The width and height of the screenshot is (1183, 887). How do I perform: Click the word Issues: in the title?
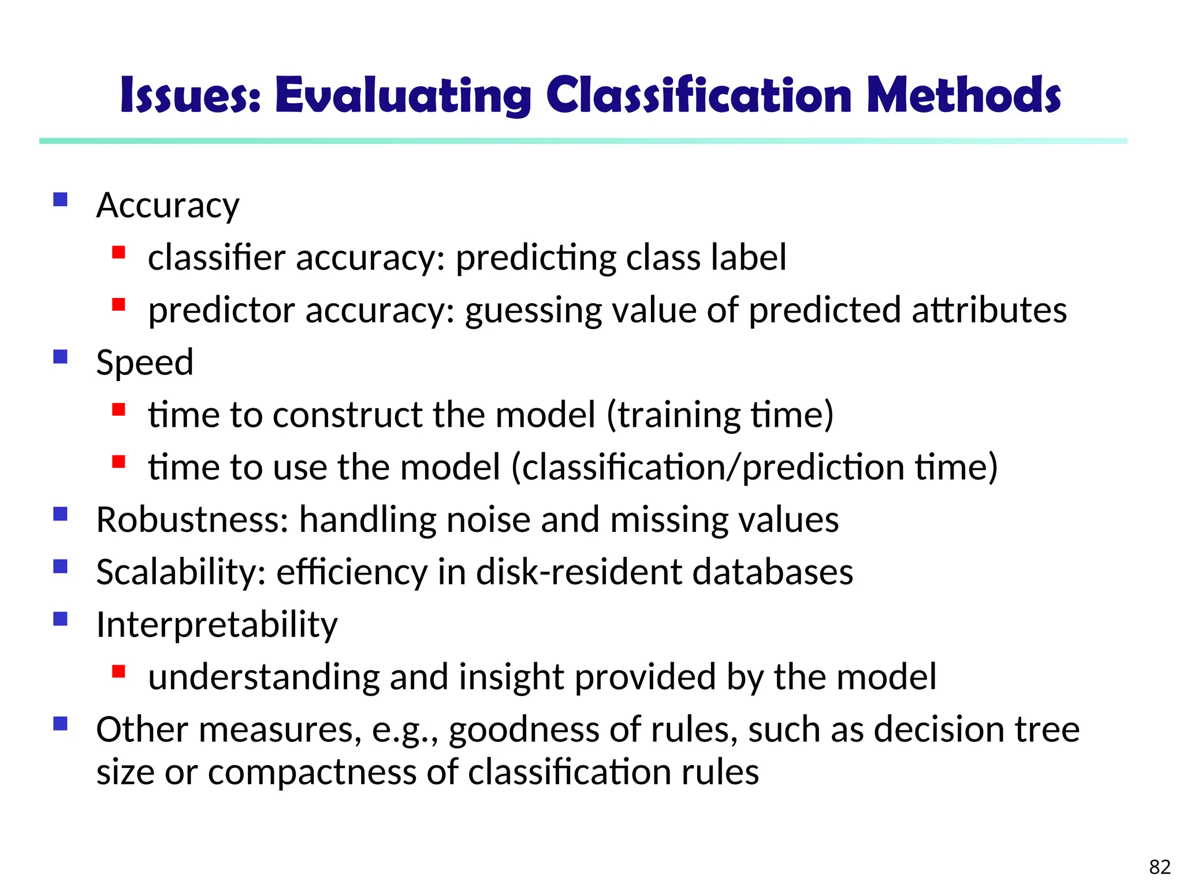(191, 95)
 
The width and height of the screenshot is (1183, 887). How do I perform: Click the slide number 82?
(1159, 867)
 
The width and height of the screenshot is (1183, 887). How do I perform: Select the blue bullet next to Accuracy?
(61, 200)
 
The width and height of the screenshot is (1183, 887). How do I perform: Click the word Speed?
(144, 363)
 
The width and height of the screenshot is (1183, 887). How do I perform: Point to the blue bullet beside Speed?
(61, 357)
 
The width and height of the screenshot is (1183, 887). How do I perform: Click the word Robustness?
(192, 520)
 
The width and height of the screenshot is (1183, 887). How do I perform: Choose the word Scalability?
(181, 572)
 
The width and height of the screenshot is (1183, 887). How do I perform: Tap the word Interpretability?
(217, 625)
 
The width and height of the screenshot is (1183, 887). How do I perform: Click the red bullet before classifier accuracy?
(119, 252)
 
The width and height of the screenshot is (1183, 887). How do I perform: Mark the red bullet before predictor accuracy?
(119, 304)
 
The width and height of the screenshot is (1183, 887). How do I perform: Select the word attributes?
(989, 310)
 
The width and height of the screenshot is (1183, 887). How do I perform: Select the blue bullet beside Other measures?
(61, 724)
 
